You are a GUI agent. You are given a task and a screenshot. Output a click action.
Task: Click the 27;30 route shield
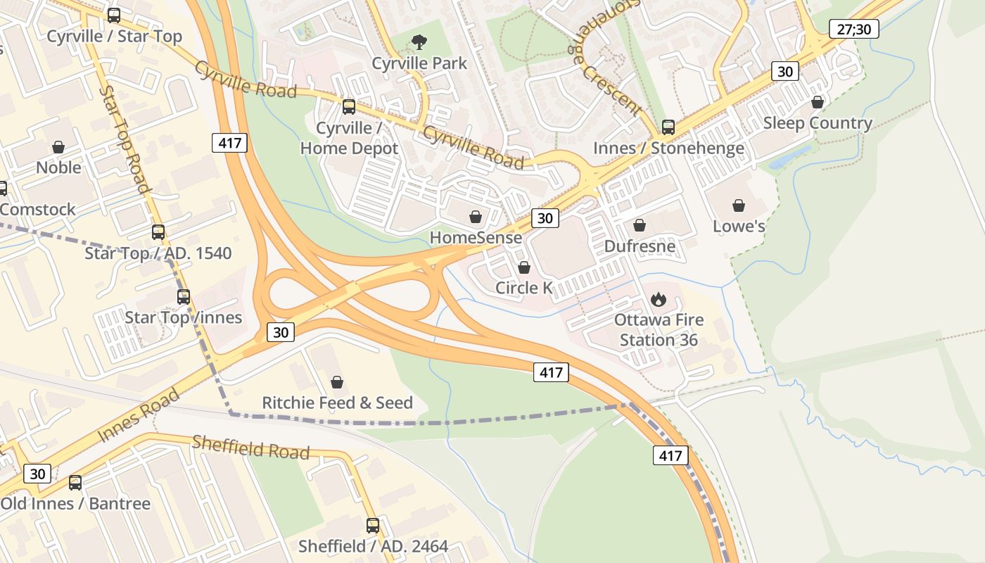[854, 29]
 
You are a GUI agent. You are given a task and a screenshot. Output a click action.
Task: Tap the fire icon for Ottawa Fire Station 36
[658, 300]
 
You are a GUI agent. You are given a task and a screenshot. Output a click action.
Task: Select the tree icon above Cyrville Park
[419, 42]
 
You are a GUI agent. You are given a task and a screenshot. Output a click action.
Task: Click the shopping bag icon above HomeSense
[476, 217]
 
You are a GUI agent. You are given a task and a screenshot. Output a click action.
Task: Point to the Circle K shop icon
[523, 267]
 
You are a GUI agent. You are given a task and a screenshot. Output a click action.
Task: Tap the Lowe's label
[739, 227]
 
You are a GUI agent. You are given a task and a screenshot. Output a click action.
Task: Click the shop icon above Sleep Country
[818, 103]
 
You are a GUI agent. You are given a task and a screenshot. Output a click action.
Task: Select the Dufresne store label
[640, 246]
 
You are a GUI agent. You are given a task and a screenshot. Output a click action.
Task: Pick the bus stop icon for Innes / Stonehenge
[668, 127]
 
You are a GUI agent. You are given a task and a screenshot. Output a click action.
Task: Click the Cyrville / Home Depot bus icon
[349, 107]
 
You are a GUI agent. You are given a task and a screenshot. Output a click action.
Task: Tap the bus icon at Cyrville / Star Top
[114, 15]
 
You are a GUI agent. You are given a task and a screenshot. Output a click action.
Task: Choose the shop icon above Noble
[58, 147]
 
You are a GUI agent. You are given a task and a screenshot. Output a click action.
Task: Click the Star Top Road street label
[125, 139]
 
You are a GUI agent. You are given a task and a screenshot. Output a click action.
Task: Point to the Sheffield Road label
[250, 447]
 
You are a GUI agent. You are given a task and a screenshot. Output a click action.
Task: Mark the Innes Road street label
[139, 415]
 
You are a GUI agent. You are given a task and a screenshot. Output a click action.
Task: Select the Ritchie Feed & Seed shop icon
[337, 382]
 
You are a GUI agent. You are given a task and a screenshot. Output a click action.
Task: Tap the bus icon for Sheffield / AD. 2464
[373, 526]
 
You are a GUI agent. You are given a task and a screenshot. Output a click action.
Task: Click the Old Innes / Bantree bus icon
[75, 483]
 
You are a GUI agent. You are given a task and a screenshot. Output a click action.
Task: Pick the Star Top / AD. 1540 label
[158, 253]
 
